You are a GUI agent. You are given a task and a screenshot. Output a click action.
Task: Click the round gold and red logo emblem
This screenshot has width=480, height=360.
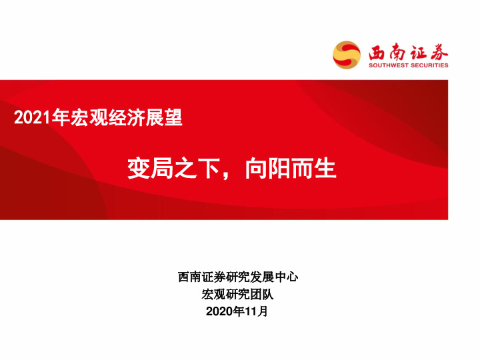click(x=347, y=55)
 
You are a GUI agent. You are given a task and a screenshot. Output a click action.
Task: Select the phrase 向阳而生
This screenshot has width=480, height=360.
click(x=290, y=169)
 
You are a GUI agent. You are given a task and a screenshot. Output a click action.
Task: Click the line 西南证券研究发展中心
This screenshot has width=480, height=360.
click(x=238, y=277)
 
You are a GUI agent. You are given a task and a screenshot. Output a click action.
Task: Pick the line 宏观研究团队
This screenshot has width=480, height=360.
click(x=238, y=294)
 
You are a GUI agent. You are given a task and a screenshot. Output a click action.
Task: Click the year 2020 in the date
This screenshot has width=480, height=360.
click(x=219, y=311)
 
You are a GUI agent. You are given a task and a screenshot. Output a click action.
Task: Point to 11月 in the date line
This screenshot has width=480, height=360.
click(x=256, y=311)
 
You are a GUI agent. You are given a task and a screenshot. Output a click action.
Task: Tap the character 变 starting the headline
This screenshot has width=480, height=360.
click(x=139, y=169)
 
